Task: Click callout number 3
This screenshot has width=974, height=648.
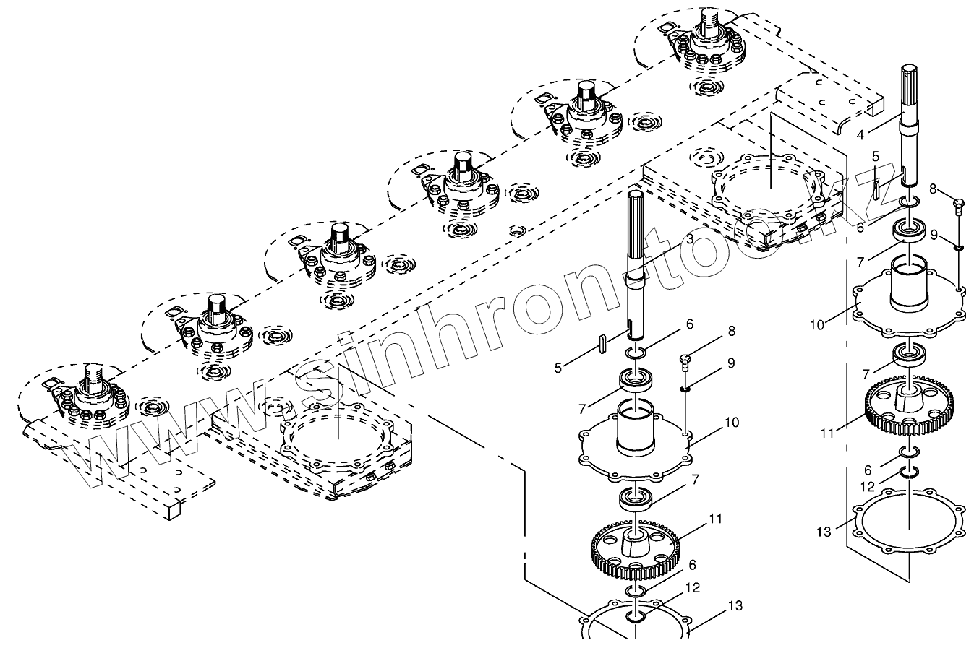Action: coord(689,238)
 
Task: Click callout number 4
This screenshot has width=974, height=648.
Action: coord(860,134)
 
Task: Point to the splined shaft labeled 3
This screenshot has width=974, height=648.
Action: coord(636,260)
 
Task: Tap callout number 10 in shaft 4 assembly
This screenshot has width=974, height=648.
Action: coord(816,324)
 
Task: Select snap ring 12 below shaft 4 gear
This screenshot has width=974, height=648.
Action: coord(909,472)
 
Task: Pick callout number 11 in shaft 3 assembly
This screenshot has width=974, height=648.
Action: coord(716,519)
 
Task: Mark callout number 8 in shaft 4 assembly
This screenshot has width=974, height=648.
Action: coord(933,189)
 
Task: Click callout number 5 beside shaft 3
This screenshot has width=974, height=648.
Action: coord(558,368)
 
